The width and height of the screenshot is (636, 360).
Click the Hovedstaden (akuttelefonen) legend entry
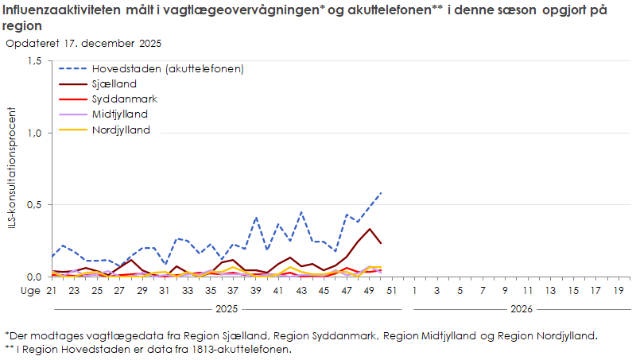(x=167, y=68)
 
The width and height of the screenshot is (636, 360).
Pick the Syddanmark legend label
(x=124, y=99)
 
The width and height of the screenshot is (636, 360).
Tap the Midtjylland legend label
(x=120, y=114)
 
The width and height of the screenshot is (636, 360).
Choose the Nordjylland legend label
(x=121, y=130)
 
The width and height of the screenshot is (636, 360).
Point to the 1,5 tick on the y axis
(x=35, y=61)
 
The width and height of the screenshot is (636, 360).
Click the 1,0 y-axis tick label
(x=35, y=133)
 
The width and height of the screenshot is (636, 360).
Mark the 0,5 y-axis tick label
(x=35, y=205)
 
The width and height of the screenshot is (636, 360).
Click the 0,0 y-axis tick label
(x=35, y=277)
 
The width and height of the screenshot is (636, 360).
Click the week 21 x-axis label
(x=52, y=291)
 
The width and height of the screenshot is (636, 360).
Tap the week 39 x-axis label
(x=256, y=291)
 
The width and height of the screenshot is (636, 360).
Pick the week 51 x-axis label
(x=392, y=291)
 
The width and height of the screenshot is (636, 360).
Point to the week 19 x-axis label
(x=619, y=291)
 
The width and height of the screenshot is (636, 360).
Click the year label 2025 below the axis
(x=227, y=308)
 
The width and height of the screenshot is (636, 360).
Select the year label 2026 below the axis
(x=522, y=308)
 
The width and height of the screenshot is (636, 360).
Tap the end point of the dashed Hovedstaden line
(x=382, y=192)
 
